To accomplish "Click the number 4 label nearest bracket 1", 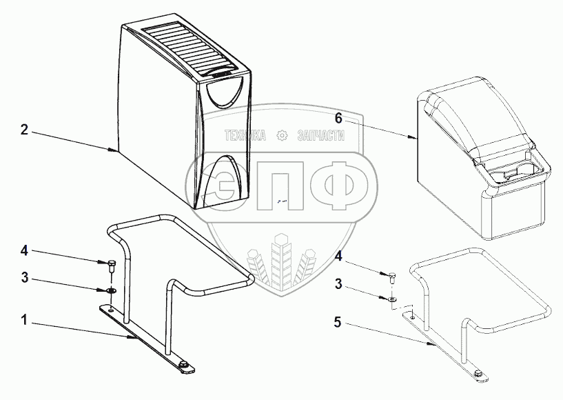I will coord(23,250).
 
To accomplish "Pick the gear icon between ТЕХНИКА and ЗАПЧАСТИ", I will coord(281,136).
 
